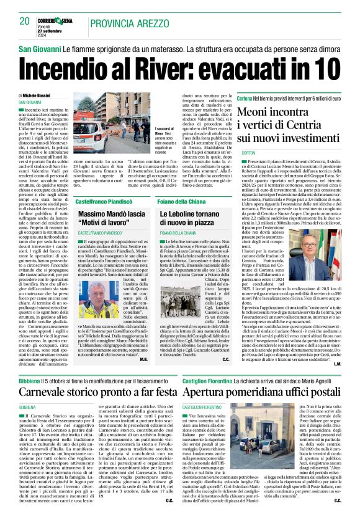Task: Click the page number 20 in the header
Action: tap(25, 20)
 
